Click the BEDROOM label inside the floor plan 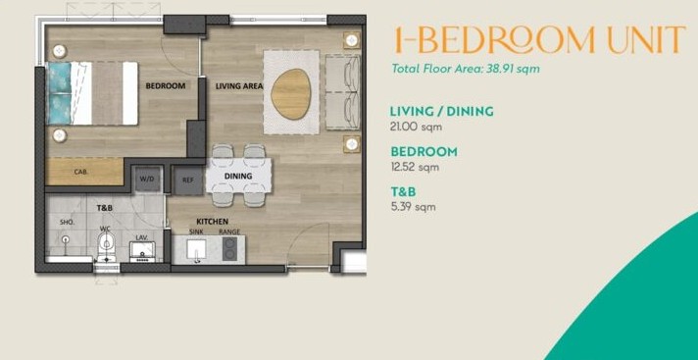tap(166, 86)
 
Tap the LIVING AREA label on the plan tap(239, 86)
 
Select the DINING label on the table tap(238, 176)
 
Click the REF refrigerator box tap(187, 180)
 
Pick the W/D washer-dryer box tap(147, 179)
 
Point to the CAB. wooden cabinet tap(84, 171)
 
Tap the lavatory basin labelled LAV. tap(142, 251)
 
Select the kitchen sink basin tap(196, 249)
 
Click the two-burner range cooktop tap(229, 248)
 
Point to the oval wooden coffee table tap(291, 94)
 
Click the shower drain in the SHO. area tap(66, 239)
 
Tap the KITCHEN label tap(213, 222)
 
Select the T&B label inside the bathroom tap(105, 208)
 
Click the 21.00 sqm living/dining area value tap(416, 127)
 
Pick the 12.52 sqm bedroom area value tap(415, 167)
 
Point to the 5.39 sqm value tap(413, 207)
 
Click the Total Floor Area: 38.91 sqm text tap(466, 69)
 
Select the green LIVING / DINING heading tap(441, 111)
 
